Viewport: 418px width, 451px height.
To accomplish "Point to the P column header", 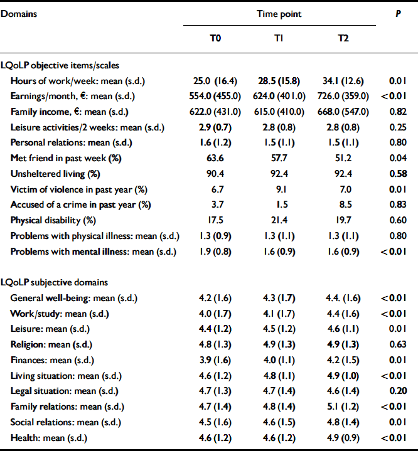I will click(397, 13).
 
